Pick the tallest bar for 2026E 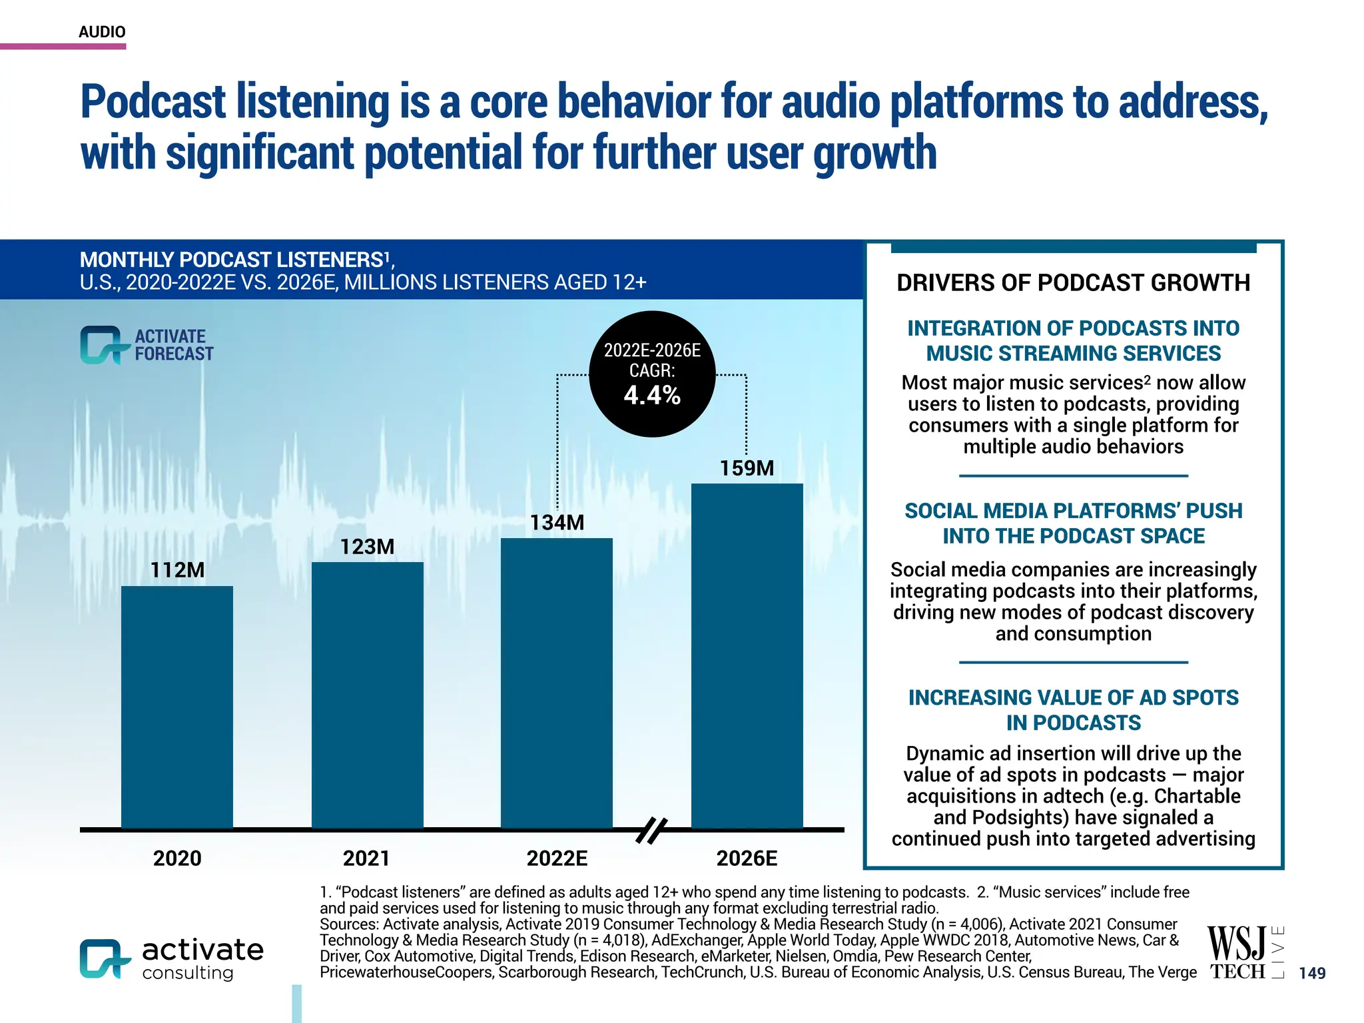747,655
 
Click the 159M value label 747,468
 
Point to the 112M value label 177,570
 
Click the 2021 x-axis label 366,858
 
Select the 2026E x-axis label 747,858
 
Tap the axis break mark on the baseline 651,831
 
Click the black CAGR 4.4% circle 652,374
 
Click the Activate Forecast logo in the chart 147,345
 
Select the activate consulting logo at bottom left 172,959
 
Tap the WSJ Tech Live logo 1244,952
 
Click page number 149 1312,973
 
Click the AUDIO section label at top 102,32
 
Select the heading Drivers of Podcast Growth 1073,283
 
